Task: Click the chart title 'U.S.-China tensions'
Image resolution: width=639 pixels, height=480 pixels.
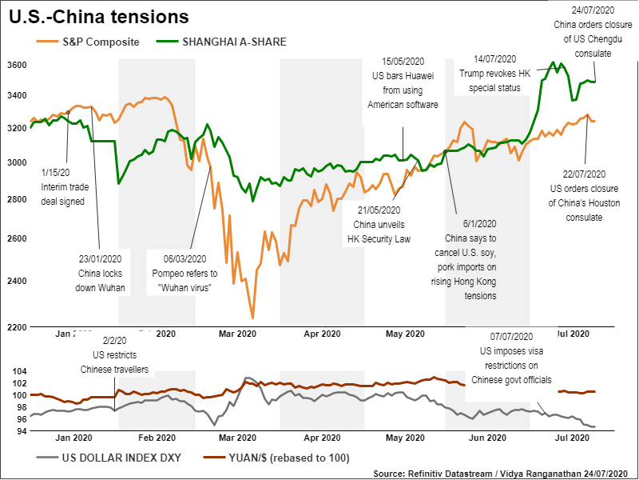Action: pos(100,16)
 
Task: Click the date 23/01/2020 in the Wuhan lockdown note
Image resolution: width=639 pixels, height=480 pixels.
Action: pos(100,258)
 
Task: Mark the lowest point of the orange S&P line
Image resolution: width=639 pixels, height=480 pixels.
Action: pos(252,318)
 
